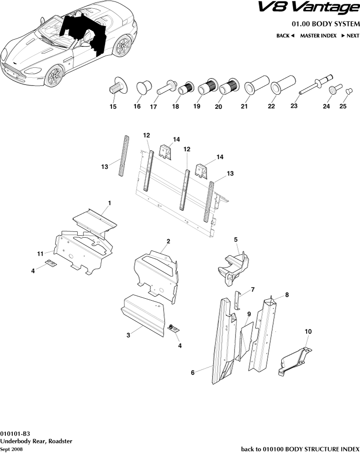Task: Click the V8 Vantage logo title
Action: click(x=308, y=8)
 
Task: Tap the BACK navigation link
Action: click(x=285, y=36)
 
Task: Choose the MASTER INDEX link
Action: click(x=318, y=36)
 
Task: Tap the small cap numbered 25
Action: click(x=349, y=91)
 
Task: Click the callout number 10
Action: click(x=308, y=331)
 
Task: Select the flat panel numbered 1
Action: click(x=95, y=220)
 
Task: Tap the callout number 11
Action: click(x=41, y=253)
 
